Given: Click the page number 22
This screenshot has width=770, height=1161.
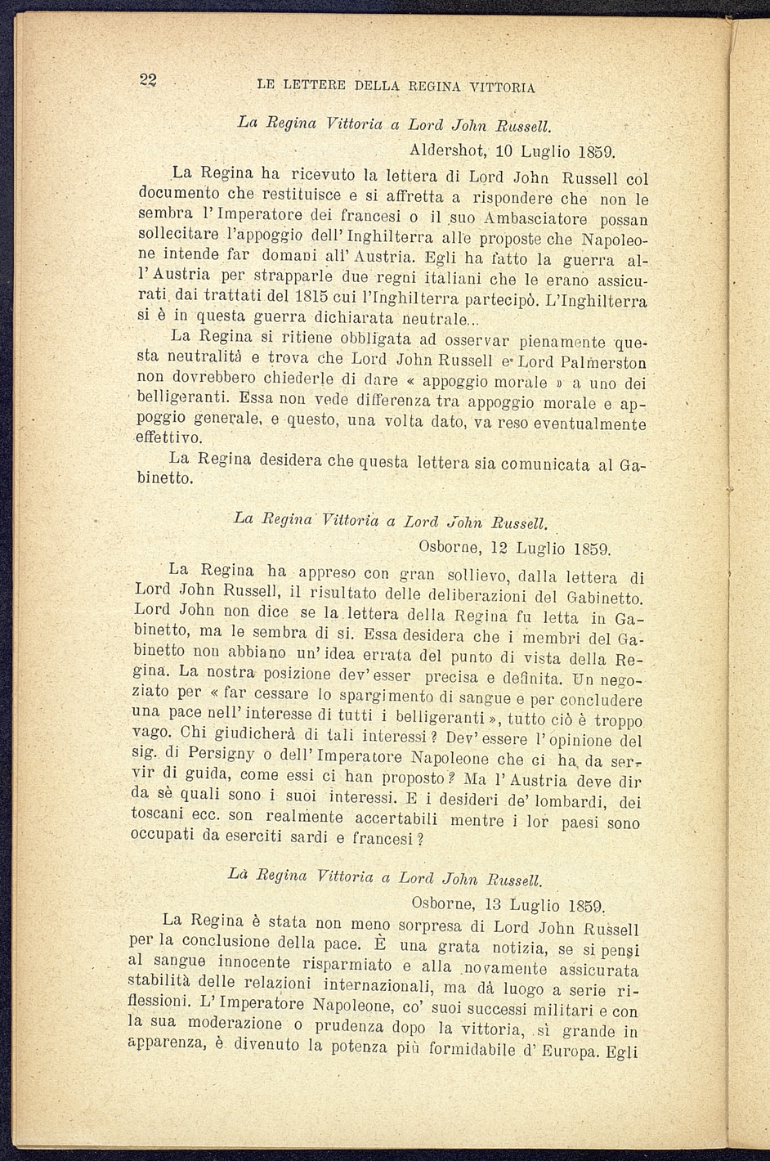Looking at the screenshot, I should [148, 79].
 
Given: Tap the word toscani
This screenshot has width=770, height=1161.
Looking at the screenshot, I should [159, 816].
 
